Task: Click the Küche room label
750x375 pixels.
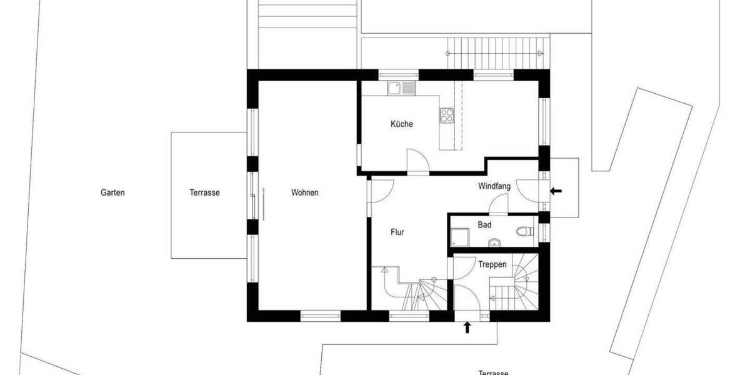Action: [402, 124]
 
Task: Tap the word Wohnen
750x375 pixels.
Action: [304, 193]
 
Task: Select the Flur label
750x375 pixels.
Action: [397, 232]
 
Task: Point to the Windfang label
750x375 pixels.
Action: [494, 186]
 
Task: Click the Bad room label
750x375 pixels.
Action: [484, 225]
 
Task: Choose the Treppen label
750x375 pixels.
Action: [492, 264]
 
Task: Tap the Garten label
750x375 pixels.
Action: [113, 193]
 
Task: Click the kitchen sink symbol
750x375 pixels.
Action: [401, 88]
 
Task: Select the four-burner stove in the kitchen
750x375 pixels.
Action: [447, 115]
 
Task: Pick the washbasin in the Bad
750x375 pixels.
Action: [493, 242]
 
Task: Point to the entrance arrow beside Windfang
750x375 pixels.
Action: [555, 191]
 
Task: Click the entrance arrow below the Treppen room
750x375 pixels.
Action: [467, 327]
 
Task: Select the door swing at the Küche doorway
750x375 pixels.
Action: [417, 160]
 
